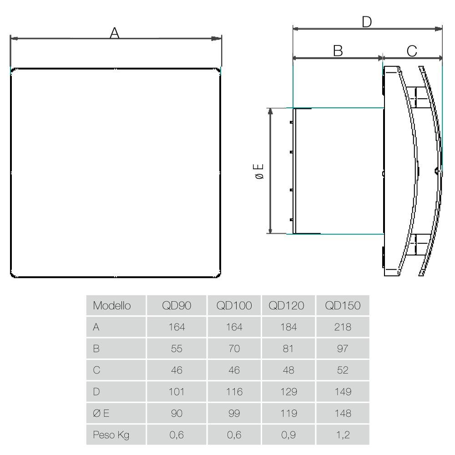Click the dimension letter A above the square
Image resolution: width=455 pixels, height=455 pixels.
114,33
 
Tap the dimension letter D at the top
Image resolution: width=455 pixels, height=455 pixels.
367,22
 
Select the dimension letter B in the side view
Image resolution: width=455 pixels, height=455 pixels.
338,51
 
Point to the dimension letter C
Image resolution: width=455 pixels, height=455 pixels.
412,51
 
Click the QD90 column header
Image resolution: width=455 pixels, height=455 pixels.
177,306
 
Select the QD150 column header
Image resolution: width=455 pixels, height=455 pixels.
343,306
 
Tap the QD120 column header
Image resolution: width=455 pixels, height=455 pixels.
286,306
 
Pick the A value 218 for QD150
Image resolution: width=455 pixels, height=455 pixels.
343,327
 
